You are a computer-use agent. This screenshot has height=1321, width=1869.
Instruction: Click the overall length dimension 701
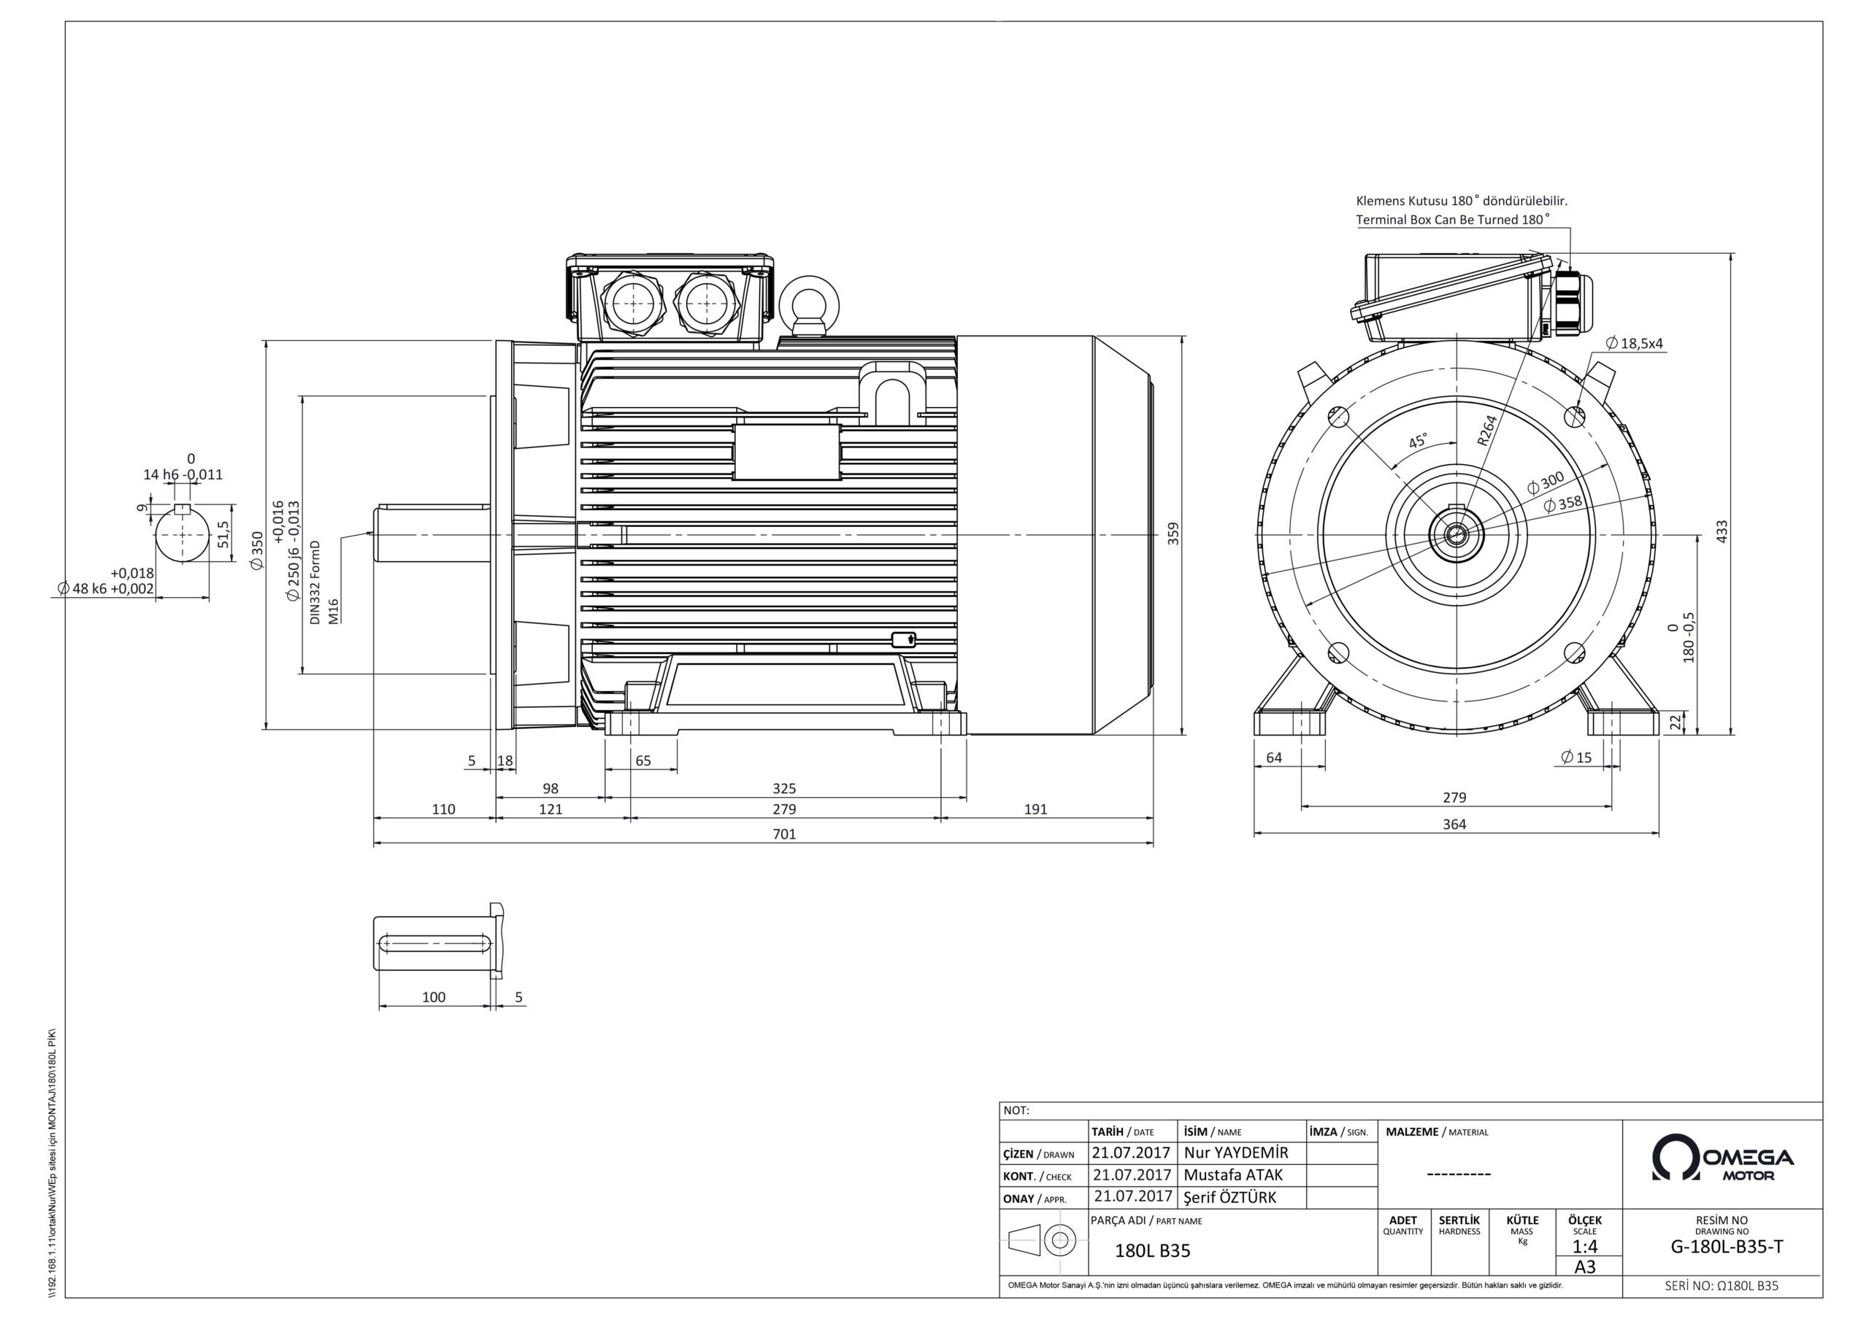point(784,833)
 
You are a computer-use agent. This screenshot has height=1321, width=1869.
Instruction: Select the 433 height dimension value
point(1721,532)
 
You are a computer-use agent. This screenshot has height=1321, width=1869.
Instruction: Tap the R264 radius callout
point(1486,431)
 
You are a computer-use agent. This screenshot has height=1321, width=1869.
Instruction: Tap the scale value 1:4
point(1584,1246)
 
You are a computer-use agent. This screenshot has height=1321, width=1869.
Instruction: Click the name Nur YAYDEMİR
point(1236,1152)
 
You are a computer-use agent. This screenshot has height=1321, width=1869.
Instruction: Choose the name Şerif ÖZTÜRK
point(1230,1197)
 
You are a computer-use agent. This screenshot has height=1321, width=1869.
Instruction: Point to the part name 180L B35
point(1152,1250)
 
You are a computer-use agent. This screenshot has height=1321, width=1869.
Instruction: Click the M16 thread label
point(333,610)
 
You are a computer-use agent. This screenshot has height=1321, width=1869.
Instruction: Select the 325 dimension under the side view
point(784,788)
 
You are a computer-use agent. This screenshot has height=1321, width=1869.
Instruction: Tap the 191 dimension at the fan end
point(1035,809)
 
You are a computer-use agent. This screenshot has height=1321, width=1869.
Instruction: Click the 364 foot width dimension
point(1454,824)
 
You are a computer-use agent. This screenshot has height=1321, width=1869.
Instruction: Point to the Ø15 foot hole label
point(1576,757)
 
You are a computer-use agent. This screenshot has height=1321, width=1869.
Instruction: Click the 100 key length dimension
point(434,997)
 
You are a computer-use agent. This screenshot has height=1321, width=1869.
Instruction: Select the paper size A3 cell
point(1585,1267)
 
